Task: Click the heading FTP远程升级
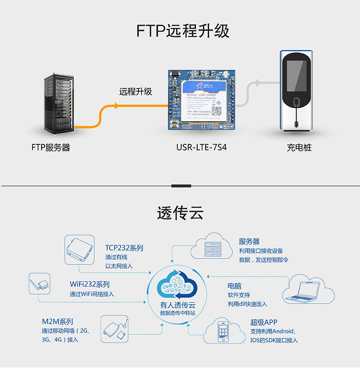pyautogui.click(x=183, y=31)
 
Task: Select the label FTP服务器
pyautogui.click(x=51, y=148)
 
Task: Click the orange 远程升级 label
pyautogui.click(x=135, y=92)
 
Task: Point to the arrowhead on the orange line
pyautogui.click(x=117, y=106)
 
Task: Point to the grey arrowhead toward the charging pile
pyautogui.click(x=258, y=82)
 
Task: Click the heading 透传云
pyautogui.click(x=180, y=213)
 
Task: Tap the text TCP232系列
pyautogui.click(x=124, y=248)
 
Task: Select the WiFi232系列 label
pyautogui.click(x=89, y=284)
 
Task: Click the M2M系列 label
pyautogui.click(x=57, y=321)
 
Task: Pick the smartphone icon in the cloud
pyautogui.click(x=223, y=332)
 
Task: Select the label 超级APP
pyautogui.click(x=263, y=322)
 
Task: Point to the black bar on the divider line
pyautogui.click(x=180, y=186)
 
